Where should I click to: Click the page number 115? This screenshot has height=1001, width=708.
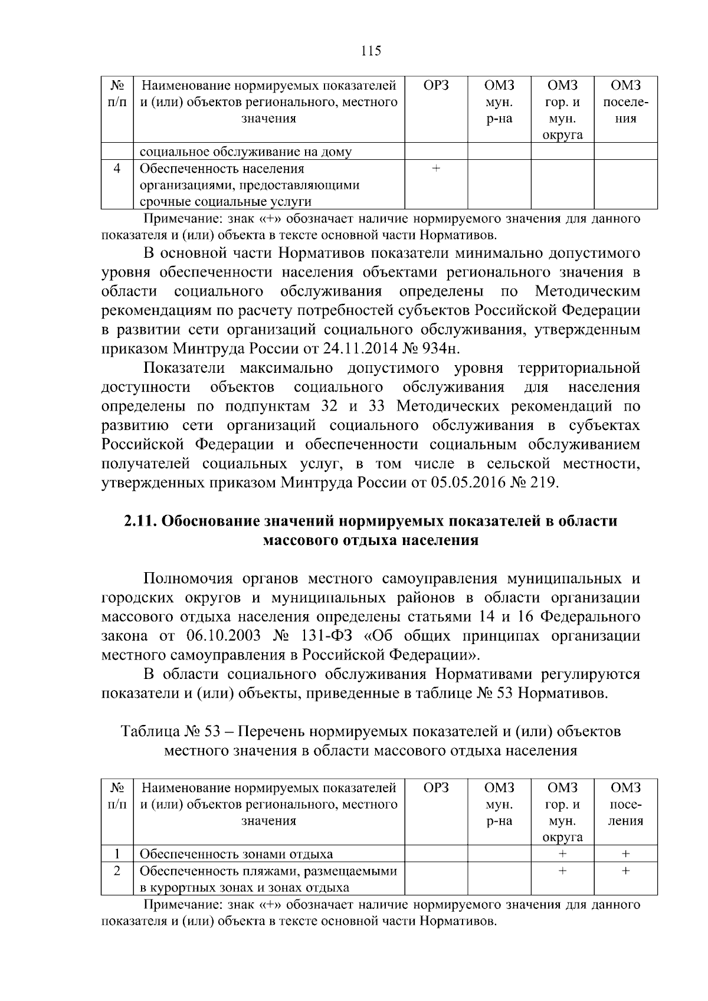point(371,51)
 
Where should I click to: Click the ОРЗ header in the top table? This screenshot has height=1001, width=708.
point(435,86)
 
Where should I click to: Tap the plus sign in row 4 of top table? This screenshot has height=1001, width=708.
point(435,169)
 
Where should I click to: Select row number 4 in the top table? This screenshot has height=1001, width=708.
point(117,169)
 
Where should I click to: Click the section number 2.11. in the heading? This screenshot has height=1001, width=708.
point(139,521)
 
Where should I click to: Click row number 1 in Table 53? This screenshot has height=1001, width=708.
point(117,854)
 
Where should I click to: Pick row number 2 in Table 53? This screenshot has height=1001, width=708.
point(117,871)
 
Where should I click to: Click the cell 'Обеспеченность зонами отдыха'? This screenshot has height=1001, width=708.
point(236,854)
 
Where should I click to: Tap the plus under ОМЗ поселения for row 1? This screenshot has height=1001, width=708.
point(625,854)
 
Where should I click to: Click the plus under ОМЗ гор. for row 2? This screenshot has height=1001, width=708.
point(562,871)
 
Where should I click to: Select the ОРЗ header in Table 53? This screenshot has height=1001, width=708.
point(435,787)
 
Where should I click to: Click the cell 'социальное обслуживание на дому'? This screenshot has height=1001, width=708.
point(245,152)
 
